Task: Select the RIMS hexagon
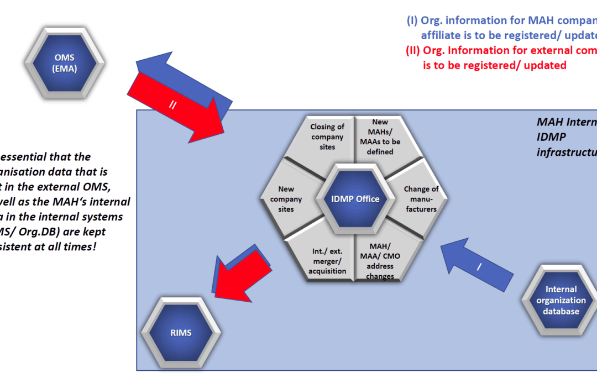click(181, 333)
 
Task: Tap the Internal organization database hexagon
click(561, 300)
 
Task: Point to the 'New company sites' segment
click(289, 199)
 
